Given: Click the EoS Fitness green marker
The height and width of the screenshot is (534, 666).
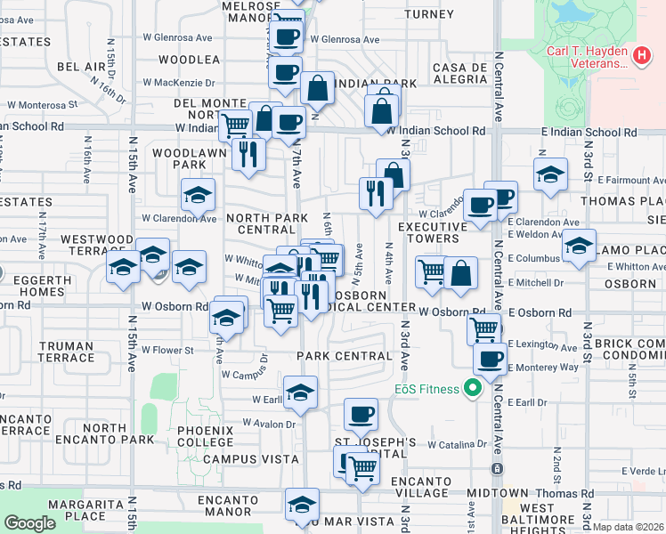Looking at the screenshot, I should pos(472,388).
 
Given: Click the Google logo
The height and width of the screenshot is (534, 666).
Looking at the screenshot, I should pos(29,523).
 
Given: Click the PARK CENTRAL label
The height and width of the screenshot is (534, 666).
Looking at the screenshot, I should pos(345,356).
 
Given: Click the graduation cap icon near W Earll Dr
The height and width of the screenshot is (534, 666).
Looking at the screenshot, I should pos(301,391).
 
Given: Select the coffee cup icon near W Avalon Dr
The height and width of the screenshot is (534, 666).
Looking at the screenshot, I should pos(361,413).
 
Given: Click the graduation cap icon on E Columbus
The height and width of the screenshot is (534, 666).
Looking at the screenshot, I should pos(579,245).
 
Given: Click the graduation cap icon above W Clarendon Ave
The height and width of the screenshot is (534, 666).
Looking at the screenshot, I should pos(198,194).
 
